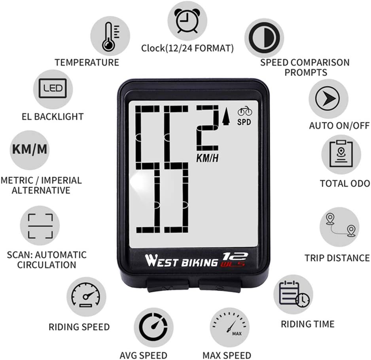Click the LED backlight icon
(53, 88)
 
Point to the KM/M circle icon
(29, 149)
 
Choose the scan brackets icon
(40, 226)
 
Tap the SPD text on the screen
(244, 122)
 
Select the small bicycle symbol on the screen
(244, 112)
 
